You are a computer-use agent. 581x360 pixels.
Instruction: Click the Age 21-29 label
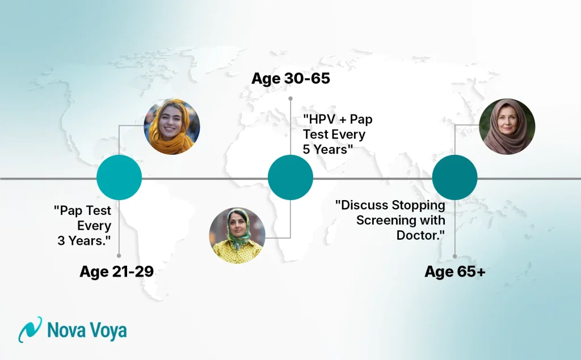pyautogui.click(x=116, y=272)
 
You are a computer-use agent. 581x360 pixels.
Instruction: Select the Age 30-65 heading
pyautogui.click(x=290, y=78)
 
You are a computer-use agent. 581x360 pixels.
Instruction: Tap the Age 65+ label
pyautogui.click(x=454, y=272)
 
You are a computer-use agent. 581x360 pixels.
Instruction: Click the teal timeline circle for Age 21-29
pyautogui.click(x=119, y=177)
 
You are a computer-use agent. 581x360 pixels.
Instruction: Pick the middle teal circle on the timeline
pyautogui.click(x=290, y=177)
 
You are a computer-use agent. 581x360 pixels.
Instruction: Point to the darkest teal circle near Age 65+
pyautogui.click(x=454, y=177)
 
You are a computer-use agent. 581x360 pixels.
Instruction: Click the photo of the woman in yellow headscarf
pyautogui.click(x=171, y=127)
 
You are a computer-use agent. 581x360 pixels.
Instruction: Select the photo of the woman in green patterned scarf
pyautogui.click(x=237, y=235)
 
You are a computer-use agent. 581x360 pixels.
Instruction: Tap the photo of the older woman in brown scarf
pyautogui.click(x=507, y=127)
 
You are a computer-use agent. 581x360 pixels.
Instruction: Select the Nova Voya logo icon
pyautogui.click(x=30, y=329)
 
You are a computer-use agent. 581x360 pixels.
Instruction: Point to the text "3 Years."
pyautogui.click(x=84, y=240)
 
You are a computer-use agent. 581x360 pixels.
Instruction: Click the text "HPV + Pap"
pyautogui.click(x=337, y=120)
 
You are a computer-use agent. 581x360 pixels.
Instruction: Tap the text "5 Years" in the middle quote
pyautogui.click(x=328, y=150)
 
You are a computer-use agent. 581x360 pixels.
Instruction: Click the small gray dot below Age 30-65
pyautogui.click(x=290, y=98)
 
